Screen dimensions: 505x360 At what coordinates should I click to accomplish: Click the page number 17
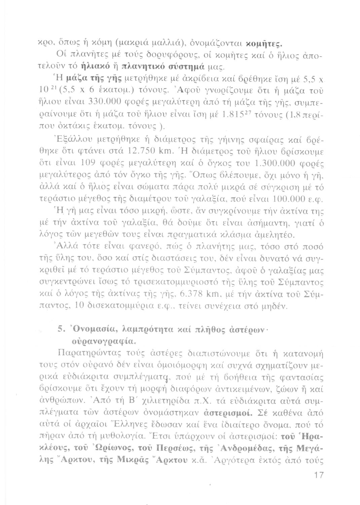coord(318,475)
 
